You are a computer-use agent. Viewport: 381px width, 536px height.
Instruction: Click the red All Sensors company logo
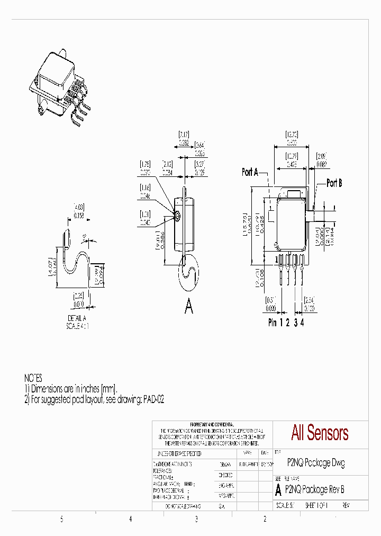pos(320,433)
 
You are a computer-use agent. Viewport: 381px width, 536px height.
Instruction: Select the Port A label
pos(250,172)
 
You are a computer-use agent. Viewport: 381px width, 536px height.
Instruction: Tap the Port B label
pos(334,183)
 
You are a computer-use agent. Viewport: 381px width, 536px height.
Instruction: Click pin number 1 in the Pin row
pos(281,323)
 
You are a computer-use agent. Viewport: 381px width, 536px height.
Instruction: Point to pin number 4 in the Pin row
pos(302,323)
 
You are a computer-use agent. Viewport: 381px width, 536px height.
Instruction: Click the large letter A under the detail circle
pos(188,306)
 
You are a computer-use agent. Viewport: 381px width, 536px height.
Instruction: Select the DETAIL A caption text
pos(77,318)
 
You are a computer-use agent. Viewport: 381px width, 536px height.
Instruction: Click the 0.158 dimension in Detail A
pos(78,216)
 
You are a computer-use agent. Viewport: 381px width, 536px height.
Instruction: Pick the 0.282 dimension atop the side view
pos(183,142)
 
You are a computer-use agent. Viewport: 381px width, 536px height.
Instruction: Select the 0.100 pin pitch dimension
pos(310,308)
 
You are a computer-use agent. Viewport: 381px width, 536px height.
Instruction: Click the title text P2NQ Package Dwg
pos(315,462)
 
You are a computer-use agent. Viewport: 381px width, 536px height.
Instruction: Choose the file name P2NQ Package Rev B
pos(314,490)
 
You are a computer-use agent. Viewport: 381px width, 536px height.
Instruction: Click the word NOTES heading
pos(33,378)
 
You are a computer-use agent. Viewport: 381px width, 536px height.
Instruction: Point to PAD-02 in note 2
pos(153,400)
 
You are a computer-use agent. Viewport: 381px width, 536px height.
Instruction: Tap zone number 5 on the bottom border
pos(61,520)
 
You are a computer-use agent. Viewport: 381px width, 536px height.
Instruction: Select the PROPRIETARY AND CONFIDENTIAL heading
pos(212,425)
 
